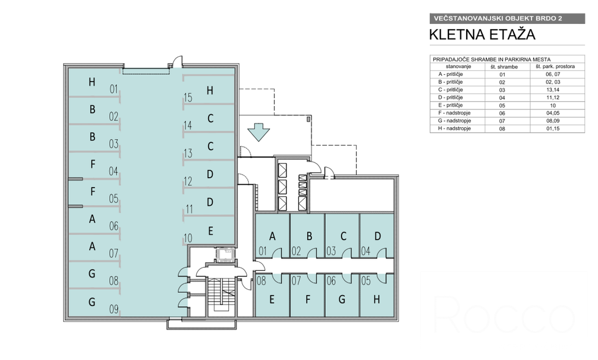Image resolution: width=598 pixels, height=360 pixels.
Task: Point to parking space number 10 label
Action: tap(187, 238)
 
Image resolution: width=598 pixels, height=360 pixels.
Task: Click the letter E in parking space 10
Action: tap(210, 231)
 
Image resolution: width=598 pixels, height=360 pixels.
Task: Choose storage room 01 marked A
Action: tap(272, 236)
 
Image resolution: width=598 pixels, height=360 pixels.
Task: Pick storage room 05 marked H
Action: tap(377, 295)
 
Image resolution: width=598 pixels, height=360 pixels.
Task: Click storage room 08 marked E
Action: tap(272, 295)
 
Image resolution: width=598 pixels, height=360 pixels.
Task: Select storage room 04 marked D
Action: tap(377, 236)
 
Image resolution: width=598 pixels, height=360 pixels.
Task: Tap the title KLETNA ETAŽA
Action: tap(482, 34)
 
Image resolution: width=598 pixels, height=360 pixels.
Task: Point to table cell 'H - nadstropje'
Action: tap(454, 129)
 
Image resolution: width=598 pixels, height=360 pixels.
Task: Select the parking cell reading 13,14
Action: tap(552, 90)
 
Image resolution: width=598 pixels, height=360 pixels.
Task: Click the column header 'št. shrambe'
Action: tap(504, 67)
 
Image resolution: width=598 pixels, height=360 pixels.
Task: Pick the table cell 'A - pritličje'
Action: tap(450, 74)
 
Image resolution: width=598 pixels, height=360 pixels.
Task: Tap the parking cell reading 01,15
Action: tap(552, 129)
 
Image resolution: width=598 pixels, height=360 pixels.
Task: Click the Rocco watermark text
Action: tap(503, 313)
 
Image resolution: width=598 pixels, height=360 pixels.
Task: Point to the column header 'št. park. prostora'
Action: tap(555, 67)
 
